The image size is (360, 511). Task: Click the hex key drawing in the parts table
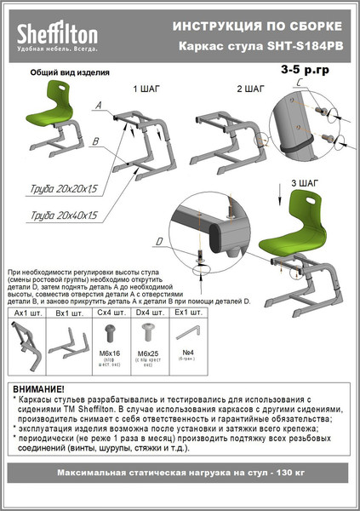(x=197, y=330)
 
